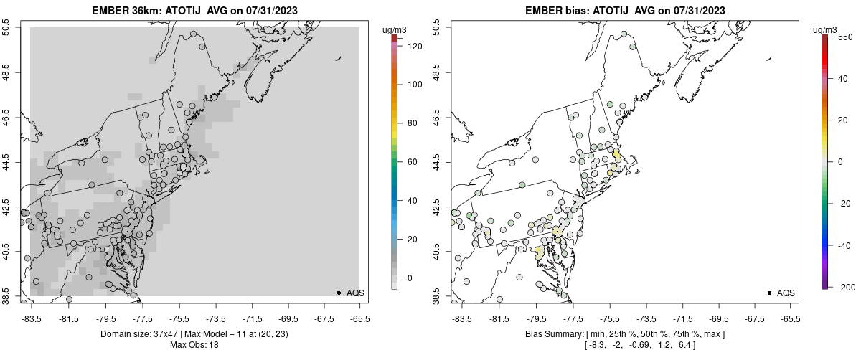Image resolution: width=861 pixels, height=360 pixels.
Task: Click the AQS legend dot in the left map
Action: point(339,293)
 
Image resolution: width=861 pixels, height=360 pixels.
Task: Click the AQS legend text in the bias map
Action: point(786,293)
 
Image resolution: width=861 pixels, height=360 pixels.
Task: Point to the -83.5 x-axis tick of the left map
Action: point(31,318)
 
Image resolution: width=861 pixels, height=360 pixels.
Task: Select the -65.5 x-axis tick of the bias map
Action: point(790,318)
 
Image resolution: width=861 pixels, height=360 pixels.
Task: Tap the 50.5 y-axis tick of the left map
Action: point(6,27)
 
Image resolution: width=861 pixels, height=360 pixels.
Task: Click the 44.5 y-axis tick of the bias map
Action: point(437,162)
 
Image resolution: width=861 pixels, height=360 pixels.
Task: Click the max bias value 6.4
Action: point(685,345)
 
